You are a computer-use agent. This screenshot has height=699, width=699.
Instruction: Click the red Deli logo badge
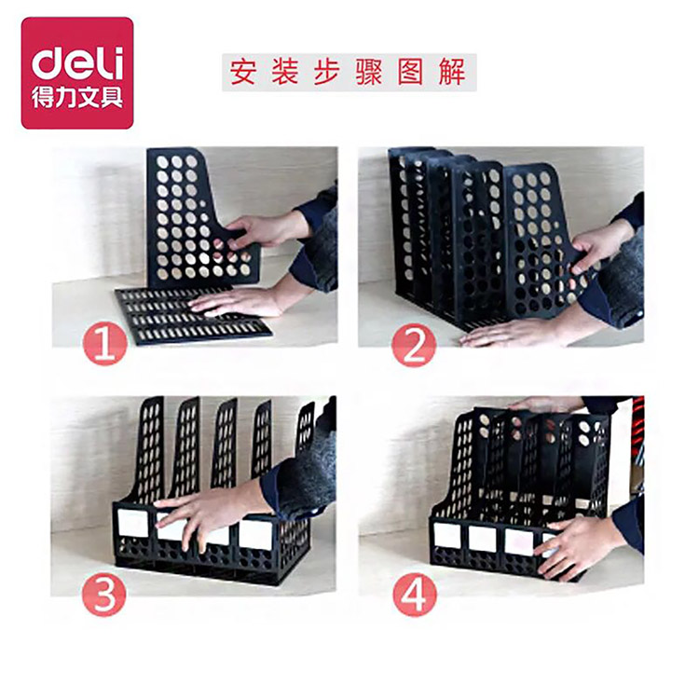coord(77,73)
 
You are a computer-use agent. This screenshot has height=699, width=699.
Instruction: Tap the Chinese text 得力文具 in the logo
coord(77,97)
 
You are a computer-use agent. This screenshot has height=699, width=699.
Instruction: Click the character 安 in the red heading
coord(243,72)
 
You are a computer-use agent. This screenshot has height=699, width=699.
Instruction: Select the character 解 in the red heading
coord(452,72)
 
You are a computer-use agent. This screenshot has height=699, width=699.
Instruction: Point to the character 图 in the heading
coord(410,72)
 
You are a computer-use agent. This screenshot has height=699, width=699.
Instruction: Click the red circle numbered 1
coord(105,344)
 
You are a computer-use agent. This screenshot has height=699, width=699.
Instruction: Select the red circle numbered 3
coord(104,595)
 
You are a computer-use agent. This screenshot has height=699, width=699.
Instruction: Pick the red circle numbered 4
coord(415,595)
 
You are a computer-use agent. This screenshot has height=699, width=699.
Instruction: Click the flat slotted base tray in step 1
coord(193,315)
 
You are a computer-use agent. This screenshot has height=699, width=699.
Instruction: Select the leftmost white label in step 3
coord(133,523)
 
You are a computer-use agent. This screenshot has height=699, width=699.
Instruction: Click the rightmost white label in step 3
coord(255,533)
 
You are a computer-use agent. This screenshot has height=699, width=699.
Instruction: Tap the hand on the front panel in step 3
coord(210,514)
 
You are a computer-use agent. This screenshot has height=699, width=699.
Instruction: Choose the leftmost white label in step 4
coord(448,536)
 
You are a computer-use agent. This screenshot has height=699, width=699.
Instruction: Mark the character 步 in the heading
coord(327,72)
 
